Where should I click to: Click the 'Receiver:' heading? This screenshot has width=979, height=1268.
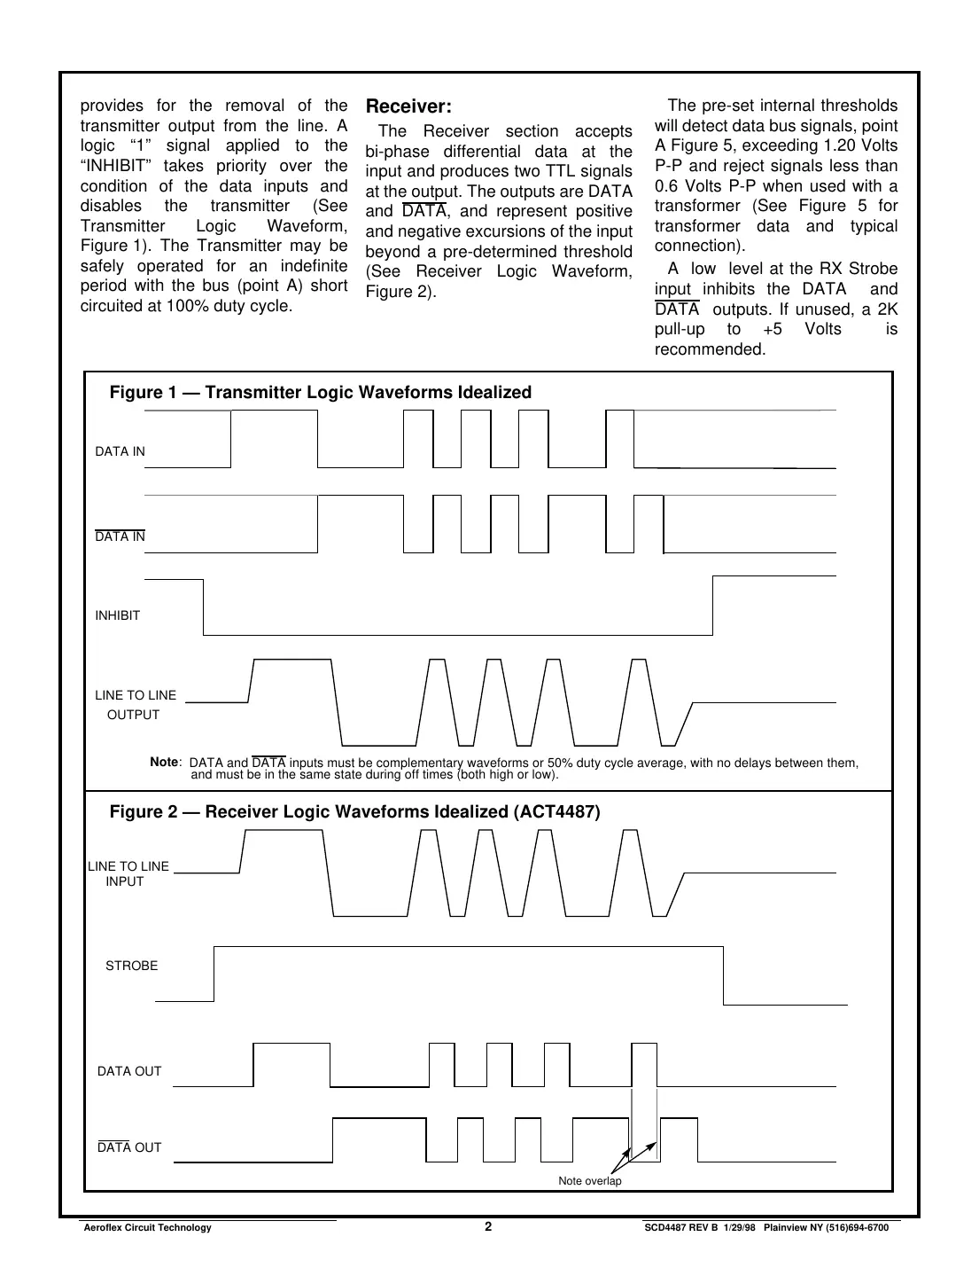pos(408,106)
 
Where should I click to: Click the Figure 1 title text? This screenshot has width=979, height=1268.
pos(320,392)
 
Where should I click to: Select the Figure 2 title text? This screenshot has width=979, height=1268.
pos(354,811)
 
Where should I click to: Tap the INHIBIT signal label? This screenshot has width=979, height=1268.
pos(118,615)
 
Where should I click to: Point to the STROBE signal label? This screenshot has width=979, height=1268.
pos(131,966)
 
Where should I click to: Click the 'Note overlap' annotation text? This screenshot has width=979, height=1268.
pos(589,1180)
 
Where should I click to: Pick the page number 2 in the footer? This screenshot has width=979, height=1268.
pos(488,1226)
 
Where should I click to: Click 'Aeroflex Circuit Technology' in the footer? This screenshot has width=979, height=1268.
pos(147,1227)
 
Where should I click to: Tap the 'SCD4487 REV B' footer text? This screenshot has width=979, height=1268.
pos(680,1227)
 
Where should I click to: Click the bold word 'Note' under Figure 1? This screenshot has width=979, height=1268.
pos(164,762)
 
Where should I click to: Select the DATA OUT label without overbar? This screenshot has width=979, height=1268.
pos(129,1071)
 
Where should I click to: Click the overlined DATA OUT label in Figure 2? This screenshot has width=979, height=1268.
pos(129,1147)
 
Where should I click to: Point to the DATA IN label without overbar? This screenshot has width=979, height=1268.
pos(120,451)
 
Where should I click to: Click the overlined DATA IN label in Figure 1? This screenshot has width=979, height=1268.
pos(120,536)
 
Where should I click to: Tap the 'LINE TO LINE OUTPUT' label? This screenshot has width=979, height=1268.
pos(135,705)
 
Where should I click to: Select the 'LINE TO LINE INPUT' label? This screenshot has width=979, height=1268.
pos(128,873)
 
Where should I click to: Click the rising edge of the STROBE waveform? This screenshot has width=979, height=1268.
pos(214,974)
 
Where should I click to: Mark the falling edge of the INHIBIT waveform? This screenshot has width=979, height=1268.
pos(204,607)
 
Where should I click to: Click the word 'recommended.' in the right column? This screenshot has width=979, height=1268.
pos(710,349)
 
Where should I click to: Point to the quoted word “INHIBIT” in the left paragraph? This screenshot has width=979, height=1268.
pos(111,166)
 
